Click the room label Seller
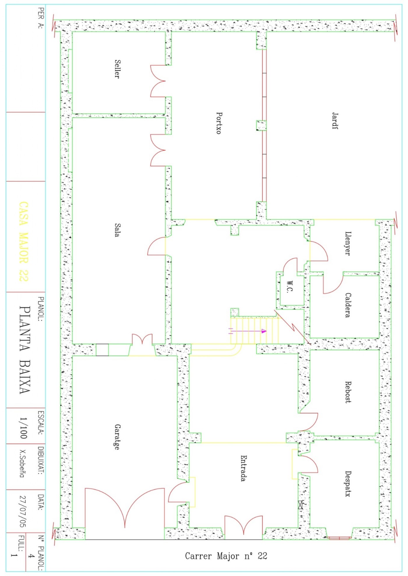pyautogui.click(x=117, y=69)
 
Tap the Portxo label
pyautogui.click(x=219, y=123)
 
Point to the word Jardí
pyautogui.click(x=335, y=121)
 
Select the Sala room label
pyautogui.click(x=117, y=230)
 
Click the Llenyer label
pyautogui.click(x=348, y=243)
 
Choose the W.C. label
pyautogui.click(x=289, y=287)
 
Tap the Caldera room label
pyautogui.click(x=348, y=305)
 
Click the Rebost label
pyautogui.click(x=348, y=392)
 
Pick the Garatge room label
pyautogui.click(x=117, y=437)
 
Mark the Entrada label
pyautogui.click(x=244, y=468)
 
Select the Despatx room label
pyautogui.click(x=348, y=484)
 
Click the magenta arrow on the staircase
pyautogui.click(x=248, y=331)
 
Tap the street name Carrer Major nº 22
pyautogui.click(x=226, y=556)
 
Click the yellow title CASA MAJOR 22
pyautogui.click(x=24, y=242)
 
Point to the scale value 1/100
pyautogui.click(x=23, y=428)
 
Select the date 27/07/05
pyautogui.click(x=23, y=512)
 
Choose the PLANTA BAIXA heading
pyautogui.click(x=25, y=350)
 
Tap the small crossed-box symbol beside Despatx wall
pyautogui.click(x=301, y=505)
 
